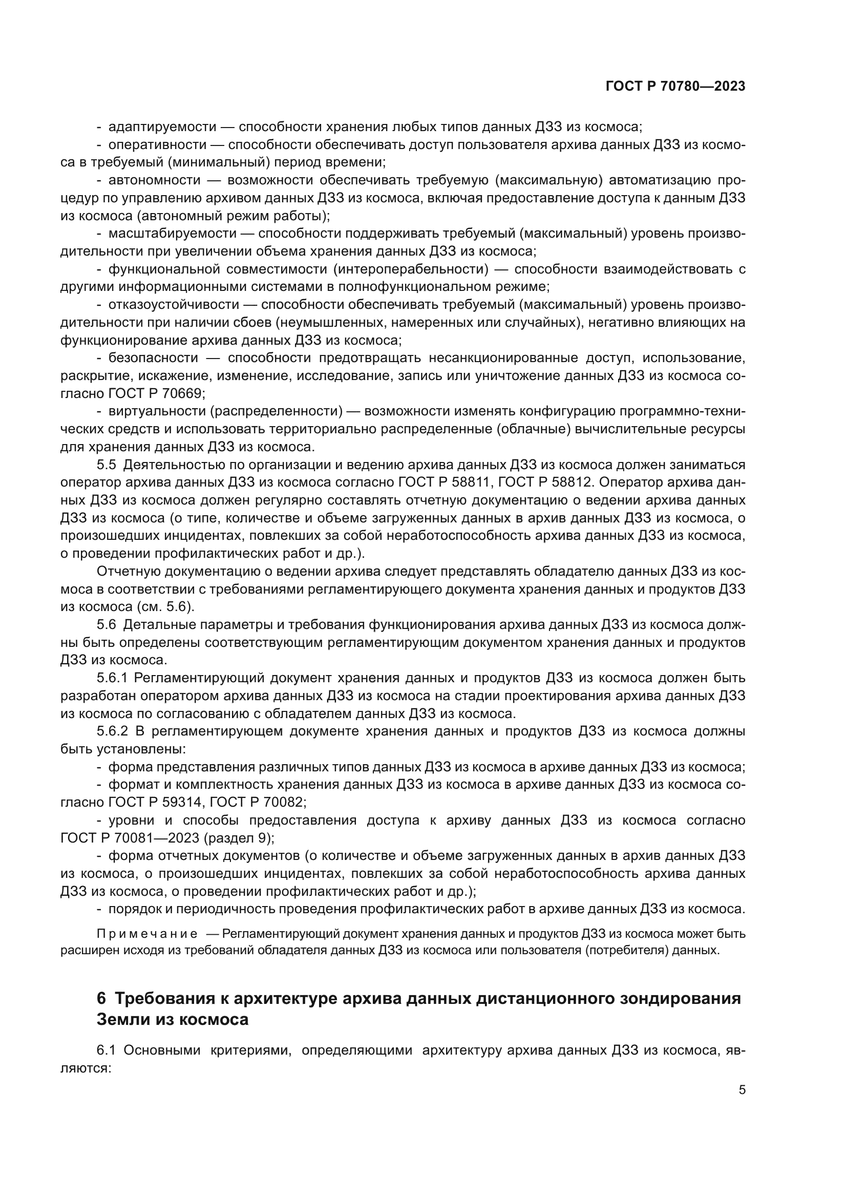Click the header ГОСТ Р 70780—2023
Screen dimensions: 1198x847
coord(675,86)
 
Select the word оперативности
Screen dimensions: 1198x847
coord(157,144)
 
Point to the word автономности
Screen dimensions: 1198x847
coord(154,180)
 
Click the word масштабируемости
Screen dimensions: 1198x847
coord(172,233)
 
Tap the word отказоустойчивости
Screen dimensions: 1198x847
coord(173,304)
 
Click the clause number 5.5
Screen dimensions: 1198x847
coord(107,465)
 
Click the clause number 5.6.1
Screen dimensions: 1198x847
coord(112,678)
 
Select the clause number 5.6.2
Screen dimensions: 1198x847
coord(112,731)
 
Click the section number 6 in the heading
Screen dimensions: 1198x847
coord(101,998)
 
